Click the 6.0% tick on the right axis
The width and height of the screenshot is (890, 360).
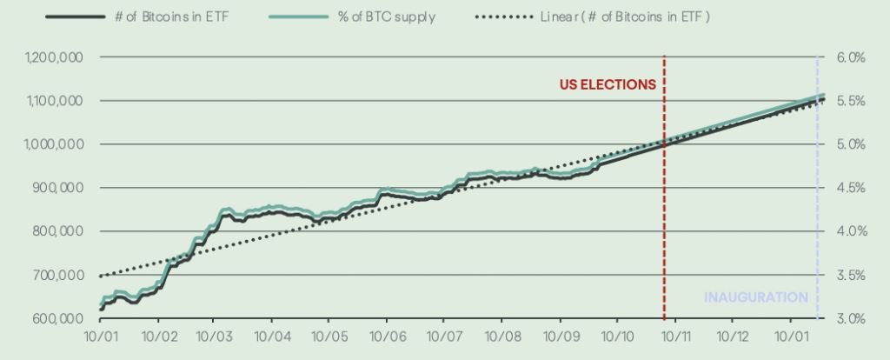pos(851,57)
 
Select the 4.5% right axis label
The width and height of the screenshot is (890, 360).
pos(851,188)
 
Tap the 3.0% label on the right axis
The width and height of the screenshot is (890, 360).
pos(851,318)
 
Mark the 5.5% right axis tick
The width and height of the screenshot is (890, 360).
pos(851,101)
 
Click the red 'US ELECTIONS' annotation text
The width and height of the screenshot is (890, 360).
pos(607,85)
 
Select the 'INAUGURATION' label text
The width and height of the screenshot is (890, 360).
pos(756,297)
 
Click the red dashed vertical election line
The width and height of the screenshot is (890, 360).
pos(664,217)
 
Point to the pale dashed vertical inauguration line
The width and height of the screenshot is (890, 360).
pos(817,217)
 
